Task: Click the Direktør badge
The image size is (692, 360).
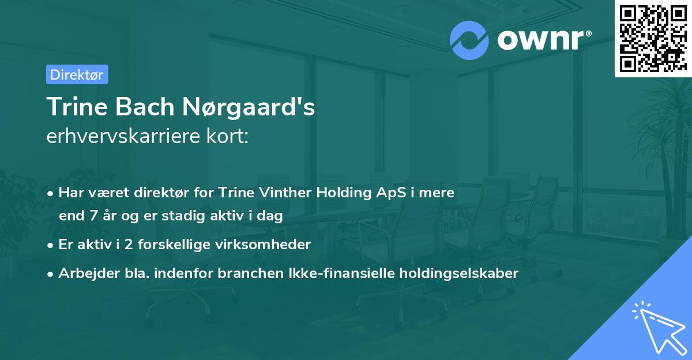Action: pos(77,74)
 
